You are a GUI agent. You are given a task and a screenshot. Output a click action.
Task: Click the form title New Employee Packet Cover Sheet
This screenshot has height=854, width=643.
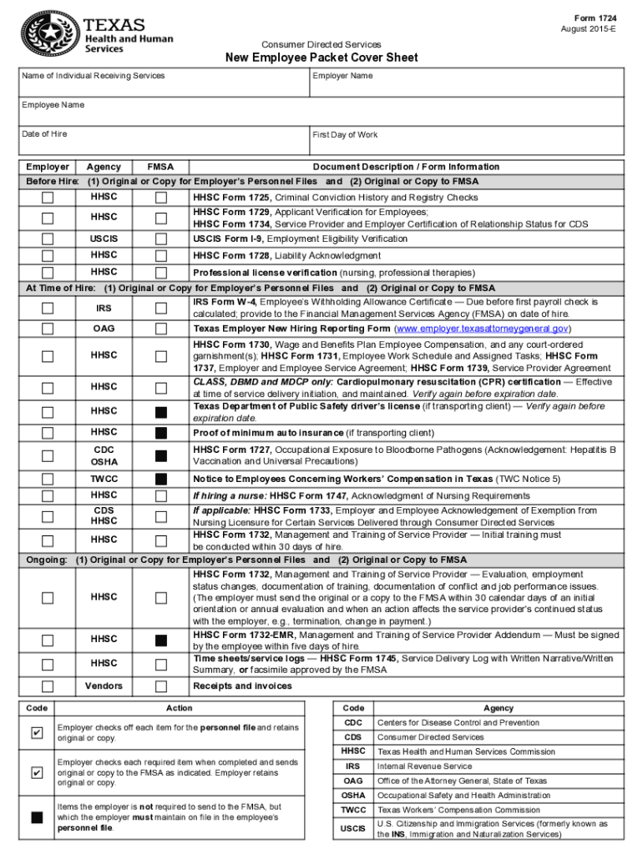[x=321, y=58]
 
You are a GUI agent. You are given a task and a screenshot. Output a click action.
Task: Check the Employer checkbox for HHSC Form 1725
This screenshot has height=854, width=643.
[x=48, y=198]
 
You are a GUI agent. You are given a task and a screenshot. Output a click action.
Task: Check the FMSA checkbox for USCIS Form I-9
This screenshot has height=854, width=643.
[x=161, y=239]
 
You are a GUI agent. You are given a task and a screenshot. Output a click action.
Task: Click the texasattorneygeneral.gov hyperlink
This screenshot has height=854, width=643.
[x=483, y=329]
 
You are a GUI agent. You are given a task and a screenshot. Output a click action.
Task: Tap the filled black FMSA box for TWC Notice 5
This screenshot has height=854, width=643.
[x=161, y=479]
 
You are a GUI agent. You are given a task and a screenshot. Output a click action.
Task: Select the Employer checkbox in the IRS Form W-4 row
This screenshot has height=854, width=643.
[x=48, y=308]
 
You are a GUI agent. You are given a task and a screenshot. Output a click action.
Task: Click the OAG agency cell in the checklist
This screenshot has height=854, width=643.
[x=104, y=329]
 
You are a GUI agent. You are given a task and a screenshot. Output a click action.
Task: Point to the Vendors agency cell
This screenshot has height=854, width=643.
[x=104, y=686]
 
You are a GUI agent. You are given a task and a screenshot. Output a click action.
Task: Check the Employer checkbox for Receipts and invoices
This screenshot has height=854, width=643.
[x=48, y=686]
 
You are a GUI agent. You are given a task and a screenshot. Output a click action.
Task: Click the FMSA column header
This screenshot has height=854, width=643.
[x=160, y=167]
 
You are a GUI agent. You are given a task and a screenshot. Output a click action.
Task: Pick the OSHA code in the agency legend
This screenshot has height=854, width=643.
[x=353, y=795]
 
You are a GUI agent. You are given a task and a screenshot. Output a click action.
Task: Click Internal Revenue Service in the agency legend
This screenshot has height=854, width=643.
[x=424, y=766]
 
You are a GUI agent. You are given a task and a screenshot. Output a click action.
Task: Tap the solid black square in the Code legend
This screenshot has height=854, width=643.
[x=37, y=817]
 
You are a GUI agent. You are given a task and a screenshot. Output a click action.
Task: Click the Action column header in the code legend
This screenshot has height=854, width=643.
[x=179, y=708]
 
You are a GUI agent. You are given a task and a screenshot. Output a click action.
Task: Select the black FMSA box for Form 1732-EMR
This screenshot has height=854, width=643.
[x=161, y=640]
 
